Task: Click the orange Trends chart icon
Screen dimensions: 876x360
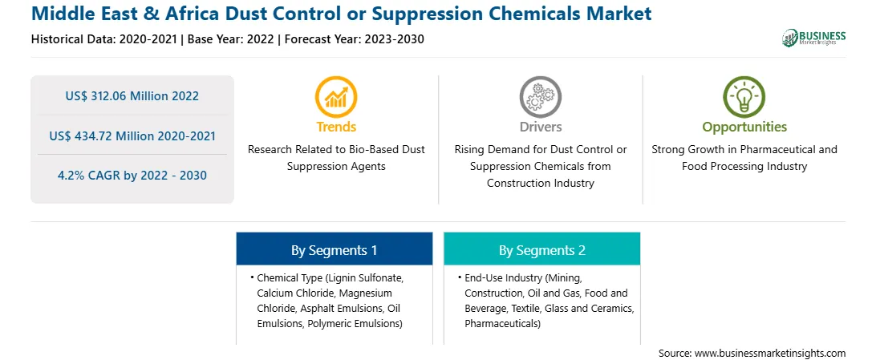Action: point(336,97)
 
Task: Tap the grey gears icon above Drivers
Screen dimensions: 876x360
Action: point(540,97)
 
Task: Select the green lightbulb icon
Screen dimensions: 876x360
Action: point(744,97)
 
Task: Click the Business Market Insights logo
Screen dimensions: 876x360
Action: point(814,38)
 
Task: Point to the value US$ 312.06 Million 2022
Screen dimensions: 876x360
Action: point(132,96)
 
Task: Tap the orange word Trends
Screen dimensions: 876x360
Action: point(336,127)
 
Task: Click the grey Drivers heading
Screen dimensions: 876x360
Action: point(541,127)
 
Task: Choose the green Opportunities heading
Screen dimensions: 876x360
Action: point(744,127)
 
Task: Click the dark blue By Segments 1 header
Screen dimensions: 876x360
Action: point(334,250)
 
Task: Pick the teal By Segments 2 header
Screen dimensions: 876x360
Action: point(542,250)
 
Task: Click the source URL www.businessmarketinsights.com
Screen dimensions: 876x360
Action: point(770,353)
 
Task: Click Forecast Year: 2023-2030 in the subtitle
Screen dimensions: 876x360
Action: point(355,39)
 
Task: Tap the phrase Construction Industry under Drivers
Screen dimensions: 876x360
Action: point(540,183)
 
